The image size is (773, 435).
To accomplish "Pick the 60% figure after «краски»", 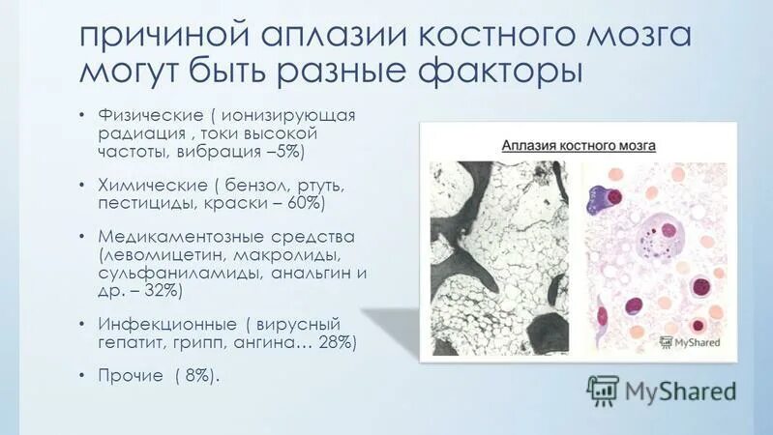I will pos(301,203).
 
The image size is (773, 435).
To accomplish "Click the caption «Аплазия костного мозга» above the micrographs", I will pos(579,145).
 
